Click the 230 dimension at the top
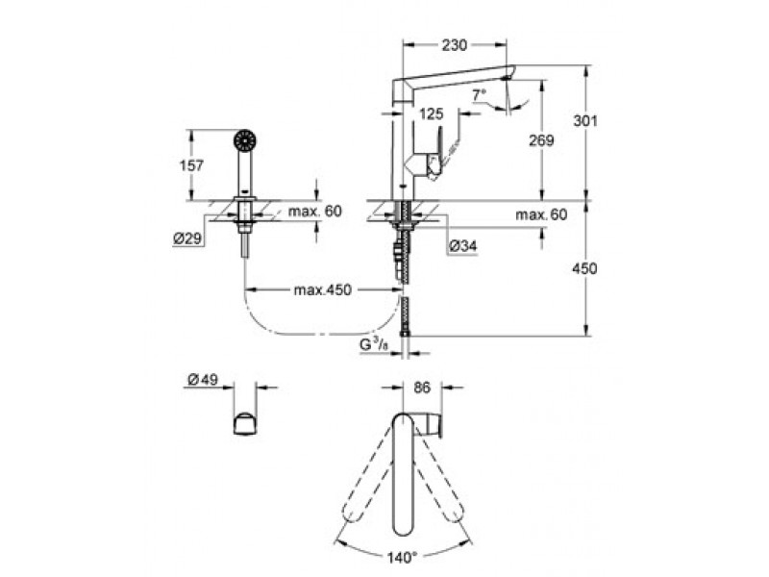click(454, 45)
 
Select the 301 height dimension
click(585, 121)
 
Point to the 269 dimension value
click(541, 140)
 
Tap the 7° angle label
click(479, 94)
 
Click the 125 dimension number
click(432, 113)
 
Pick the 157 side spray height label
click(191, 165)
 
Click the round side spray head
click(245, 139)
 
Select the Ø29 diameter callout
click(187, 238)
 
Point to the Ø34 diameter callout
click(462, 246)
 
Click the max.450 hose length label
click(323, 290)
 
